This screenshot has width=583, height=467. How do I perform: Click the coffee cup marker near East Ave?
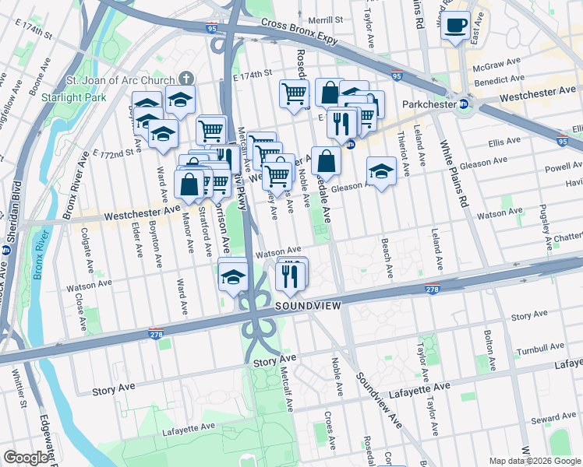pyautogui.click(x=455, y=26)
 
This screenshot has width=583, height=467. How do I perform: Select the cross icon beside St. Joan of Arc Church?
pyautogui.click(x=185, y=78)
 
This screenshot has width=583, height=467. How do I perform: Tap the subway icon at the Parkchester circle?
pyautogui.click(x=464, y=103)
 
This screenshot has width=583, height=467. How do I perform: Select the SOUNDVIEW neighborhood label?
pyautogui.click(x=308, y=307)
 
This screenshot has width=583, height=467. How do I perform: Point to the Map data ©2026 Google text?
pyautogui.click(x=535, y=461)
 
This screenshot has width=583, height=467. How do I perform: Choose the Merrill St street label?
pyautogui.click(x=326, y=19)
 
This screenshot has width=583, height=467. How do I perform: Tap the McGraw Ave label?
pyautogui.click(x=503, y=61)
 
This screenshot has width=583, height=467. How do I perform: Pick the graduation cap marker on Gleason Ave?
pyautogui.click(x=380, y=171)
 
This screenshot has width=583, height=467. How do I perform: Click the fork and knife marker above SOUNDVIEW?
pyautogui.click(x=290, y=276)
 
